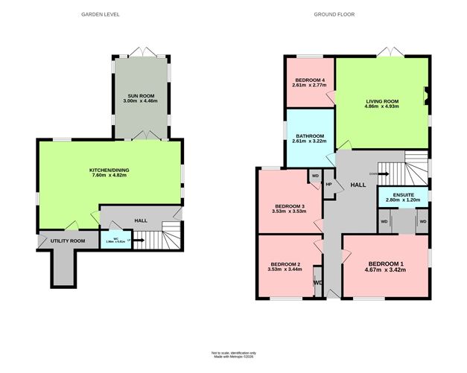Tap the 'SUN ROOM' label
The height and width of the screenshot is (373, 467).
[140, 98]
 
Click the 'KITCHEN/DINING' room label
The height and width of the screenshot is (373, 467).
[109, 170]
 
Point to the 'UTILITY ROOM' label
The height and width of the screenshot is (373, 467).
[65, 241]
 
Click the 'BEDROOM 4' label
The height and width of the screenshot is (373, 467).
[309, 80]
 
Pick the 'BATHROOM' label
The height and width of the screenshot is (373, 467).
[308, 136]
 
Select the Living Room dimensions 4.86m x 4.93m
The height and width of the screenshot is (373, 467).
[381, 106]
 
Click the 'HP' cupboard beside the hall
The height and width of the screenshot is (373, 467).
[328, 184]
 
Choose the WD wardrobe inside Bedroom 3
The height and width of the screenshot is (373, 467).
[315, 176]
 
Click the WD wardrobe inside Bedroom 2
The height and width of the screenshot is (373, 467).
[317, 282]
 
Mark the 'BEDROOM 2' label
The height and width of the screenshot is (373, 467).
[285, 264]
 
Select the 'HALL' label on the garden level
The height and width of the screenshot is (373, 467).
[140, 220]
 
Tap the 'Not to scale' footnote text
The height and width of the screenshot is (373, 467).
[232, 352]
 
